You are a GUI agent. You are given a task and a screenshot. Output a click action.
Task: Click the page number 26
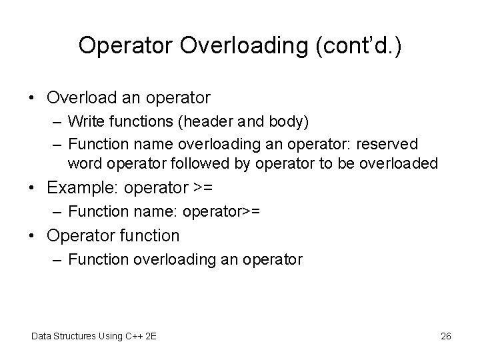coord(446,336)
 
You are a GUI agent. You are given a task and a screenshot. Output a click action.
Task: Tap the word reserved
coord(389,144)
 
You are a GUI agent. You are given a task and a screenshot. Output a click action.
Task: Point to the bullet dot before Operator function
coord(33,235)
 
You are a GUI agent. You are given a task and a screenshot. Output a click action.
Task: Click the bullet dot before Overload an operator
coord(33,98)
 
